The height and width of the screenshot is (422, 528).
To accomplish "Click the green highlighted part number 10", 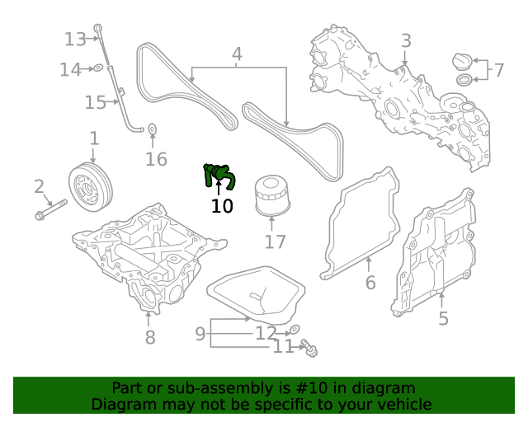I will coord(219,175).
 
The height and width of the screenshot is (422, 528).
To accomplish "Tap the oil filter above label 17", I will coord(271,195).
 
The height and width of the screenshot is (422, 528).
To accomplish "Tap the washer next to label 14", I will coord(97,68).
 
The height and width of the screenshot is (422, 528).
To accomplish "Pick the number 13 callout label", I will coord(75,39).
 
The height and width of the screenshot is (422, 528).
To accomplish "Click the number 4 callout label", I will coord(237,55).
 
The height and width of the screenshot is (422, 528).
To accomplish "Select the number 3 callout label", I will coord(406,40).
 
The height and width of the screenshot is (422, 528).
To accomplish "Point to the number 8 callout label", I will coord(149,337).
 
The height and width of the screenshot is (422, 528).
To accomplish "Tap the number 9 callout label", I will coord(200,333).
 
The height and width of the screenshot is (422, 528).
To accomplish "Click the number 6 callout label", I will coord(370,283).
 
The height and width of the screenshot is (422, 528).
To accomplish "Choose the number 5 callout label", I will coord(443,318).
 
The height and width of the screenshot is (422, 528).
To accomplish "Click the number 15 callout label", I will coord(95,102).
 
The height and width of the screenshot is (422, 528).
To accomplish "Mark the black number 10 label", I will coord(222,206).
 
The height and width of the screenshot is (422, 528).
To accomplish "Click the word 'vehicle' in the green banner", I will coord(403,404).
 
